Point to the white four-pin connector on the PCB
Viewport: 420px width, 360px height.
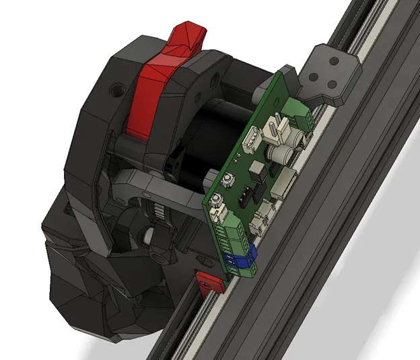pyautogui.click(x=251, y=140)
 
